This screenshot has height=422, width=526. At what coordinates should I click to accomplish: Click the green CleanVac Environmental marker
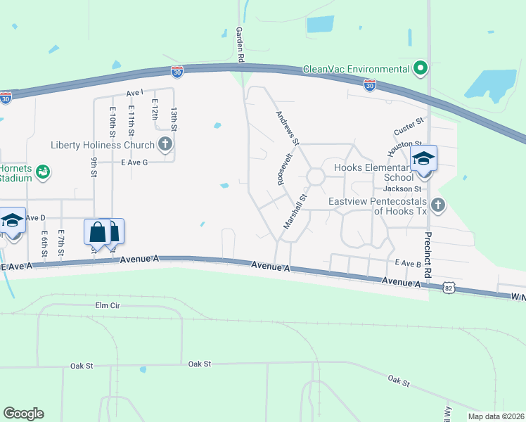coord(421,68)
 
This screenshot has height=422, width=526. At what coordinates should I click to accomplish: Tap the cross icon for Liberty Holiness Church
coord(165,146)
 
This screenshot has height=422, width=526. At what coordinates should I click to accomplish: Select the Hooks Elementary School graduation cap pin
coord(424,158)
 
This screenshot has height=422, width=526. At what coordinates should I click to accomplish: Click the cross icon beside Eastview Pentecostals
coord(437,205)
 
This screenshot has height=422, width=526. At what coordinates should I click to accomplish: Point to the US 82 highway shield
coord(449,288)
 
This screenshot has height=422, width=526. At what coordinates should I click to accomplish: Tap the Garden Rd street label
coord(240,44)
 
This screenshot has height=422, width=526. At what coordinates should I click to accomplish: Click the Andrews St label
coord(288,128)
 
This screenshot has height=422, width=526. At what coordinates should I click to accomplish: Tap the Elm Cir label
coord(109,305)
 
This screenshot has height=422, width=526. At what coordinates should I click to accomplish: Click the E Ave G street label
coord(134,162)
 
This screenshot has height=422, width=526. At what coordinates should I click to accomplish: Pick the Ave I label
coord(134,92)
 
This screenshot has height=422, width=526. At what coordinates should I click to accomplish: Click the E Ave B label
coord(407,263)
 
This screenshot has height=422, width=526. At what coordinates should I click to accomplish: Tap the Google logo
coord(23,413)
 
